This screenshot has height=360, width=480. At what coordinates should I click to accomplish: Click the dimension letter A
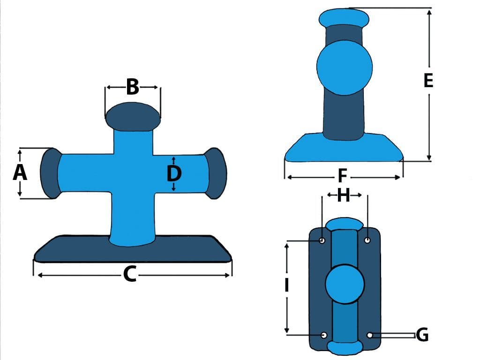(20, 172)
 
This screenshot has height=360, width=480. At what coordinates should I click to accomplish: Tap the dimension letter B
(133, 87)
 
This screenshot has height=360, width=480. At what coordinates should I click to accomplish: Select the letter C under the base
(130, 274)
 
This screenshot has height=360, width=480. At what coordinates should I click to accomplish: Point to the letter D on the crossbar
(174, 173)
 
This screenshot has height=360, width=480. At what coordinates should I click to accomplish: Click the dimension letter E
(428, 80)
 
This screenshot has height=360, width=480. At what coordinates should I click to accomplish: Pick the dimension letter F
(342, 176)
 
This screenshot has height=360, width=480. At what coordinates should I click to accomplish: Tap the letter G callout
(422, 334)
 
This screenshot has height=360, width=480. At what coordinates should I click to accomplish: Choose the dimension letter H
(344, 195)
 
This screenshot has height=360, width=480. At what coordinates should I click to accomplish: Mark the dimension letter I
(286, 285)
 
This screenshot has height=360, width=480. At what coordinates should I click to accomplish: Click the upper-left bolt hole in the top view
(322, 240)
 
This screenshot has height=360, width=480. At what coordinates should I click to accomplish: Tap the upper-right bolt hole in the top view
(367, 240)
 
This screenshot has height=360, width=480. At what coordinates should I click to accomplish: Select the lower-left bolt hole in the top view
(324, 335)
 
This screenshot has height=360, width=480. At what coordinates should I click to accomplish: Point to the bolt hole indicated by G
(370, 335)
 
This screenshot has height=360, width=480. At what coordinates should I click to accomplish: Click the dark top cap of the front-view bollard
(133, 117)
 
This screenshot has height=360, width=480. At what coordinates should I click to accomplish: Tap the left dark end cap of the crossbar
(51, 173)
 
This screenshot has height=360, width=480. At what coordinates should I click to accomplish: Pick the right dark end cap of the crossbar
(216, 173)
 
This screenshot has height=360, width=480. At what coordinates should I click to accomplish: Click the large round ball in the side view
(345, 67)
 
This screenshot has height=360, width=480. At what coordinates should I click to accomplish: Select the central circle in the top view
(345, 284)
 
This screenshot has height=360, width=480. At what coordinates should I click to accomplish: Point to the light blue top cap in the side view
(344, 18)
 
